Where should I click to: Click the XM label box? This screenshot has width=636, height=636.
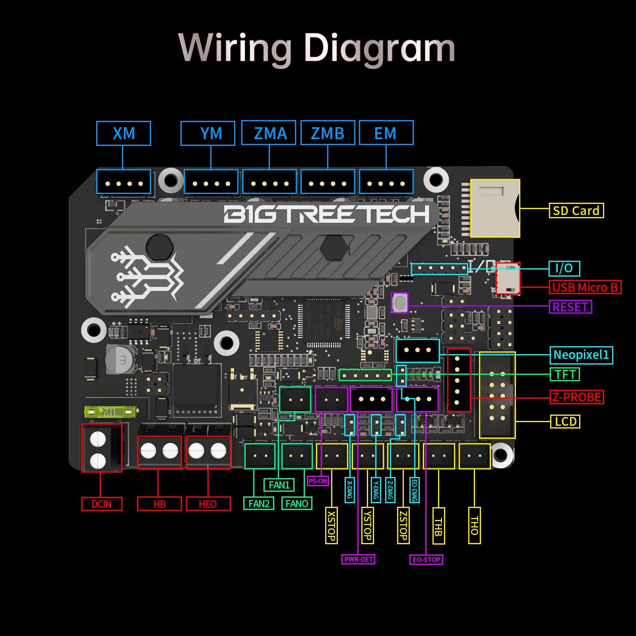(x=124, y=134)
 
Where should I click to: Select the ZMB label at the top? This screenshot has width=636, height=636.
(x=328, y=133)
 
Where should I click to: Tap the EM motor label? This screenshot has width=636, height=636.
(x=386, y=133)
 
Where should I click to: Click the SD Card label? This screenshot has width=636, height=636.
(x=576, y=211)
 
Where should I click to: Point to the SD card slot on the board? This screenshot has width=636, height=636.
(x=495, y=208)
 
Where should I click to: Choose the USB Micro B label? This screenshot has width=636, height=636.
(x=585, y=287)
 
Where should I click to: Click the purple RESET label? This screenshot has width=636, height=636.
(x=570, y=307)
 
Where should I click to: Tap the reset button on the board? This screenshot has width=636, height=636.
(x=399, y=302)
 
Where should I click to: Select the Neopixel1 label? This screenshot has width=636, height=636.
(x=581, y=355)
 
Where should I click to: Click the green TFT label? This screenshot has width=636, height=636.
(x=565, y=374)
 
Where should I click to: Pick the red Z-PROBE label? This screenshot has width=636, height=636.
(x=577, y=397)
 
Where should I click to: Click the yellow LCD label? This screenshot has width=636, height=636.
(x=565, y=421)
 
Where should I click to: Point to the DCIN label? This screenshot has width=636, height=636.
(x=102, y=504)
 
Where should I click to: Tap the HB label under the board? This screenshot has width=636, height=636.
(x=159, y=504)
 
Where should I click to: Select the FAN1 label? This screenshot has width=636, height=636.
(x=279, y=485)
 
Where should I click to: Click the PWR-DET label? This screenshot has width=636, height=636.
(x=359, y=559)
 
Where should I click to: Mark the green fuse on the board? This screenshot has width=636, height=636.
(x=111, y=412)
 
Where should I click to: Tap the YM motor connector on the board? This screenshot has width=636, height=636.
(x=211, y=182)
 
